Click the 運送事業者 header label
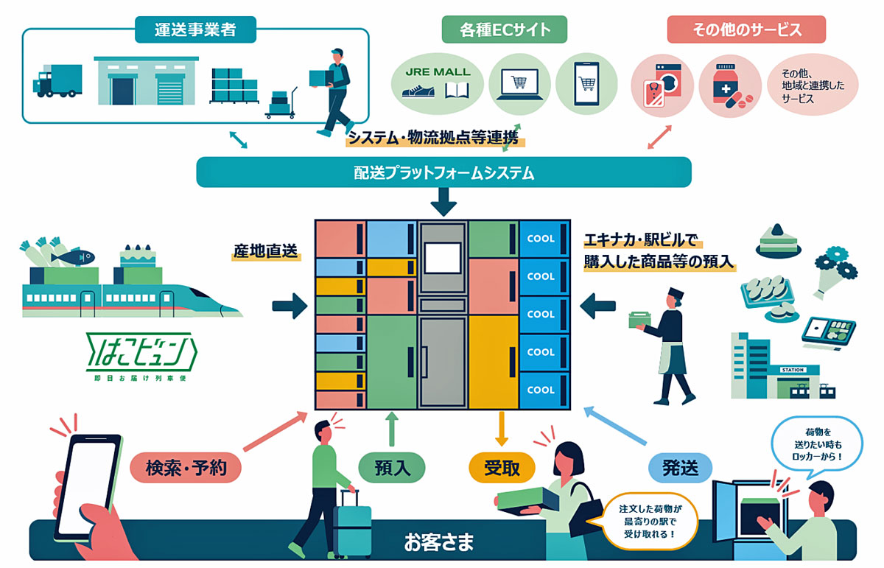195,29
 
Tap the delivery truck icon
57,80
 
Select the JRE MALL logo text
438,72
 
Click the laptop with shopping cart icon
519,84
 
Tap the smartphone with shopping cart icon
586,84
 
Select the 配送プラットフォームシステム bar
443,172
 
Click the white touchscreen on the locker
443,258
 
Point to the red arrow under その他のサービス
659,137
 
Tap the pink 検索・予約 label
186,468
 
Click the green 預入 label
392,468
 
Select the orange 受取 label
502,468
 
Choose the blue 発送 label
681,468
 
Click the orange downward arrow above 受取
502,429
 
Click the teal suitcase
351,524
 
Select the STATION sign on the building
793,370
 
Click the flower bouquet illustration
835,273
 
